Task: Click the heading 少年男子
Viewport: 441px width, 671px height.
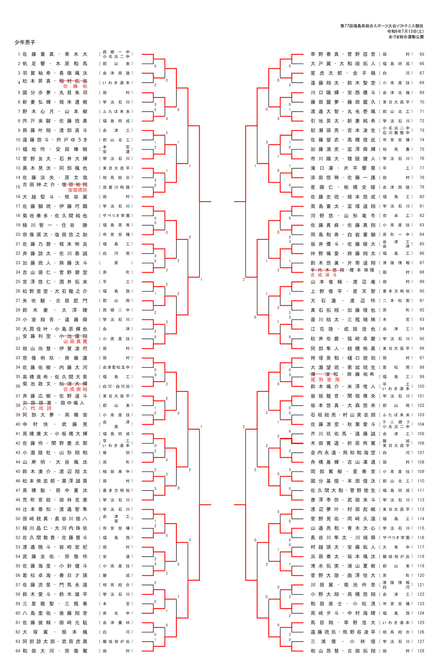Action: tap(25, 43)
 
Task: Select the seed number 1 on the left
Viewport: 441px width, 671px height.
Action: tap(19, 54)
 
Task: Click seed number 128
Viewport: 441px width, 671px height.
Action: tap(421, 651)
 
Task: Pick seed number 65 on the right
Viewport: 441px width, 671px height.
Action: tap(422, 54)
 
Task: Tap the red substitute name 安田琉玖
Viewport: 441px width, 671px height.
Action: tap(78, 190)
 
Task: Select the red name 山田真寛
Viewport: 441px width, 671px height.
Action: tap(75, 342)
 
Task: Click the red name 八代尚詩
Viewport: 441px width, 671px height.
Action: tap(37, 408)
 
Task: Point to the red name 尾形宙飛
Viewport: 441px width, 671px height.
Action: tap(325, 380)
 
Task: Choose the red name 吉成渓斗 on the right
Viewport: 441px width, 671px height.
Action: tap(324, 275)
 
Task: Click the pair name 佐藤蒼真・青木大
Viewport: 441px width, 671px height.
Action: tap(55, 54)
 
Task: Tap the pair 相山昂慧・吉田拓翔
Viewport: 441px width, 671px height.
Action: tap(343, 651)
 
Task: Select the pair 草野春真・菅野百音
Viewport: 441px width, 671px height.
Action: tap(343, 54)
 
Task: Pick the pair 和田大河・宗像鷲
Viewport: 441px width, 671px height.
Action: tap(55, 651)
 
